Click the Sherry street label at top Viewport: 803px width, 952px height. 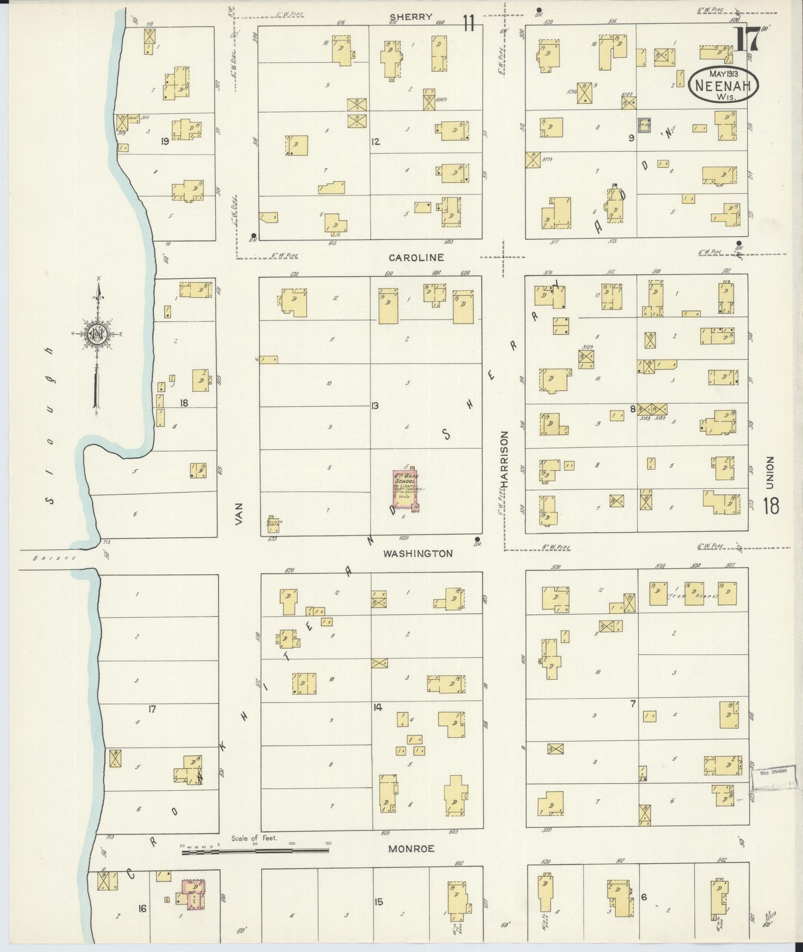pyautogui.click(x=411, y=17)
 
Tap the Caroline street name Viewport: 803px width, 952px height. pyautogui.click(x=416, y=258)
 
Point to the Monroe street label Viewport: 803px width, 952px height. pyautogui.click(x=411, y=849)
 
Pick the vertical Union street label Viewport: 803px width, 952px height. pyautogui.click(x=770, y=473)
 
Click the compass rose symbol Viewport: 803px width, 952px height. pyautogui.click(x=97, y=333)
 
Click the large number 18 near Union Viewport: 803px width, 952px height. pyautogui.click(x=771, y=507)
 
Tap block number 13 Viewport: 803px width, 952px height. pyautogui.click(x=375, y=406)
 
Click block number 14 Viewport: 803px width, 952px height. pyautogui.click(x=378, y=707)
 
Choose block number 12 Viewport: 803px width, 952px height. pyautogui.click(x=376, y=142)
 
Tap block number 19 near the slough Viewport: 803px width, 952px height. pyautogui.click(x=164, y=142)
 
